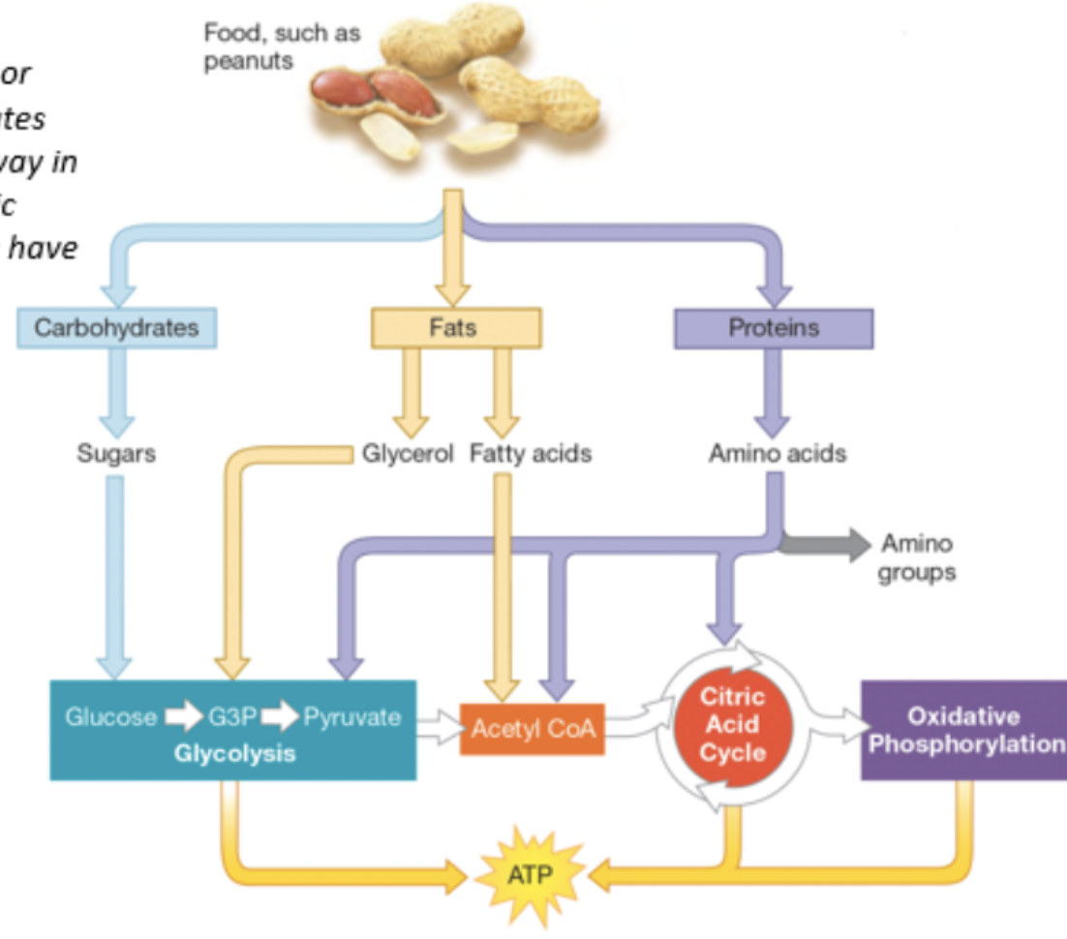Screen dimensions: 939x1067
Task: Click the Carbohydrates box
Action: (x=116, y=328)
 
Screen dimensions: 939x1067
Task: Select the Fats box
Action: (x=456, y=328)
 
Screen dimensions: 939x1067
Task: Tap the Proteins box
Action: (x=773, y=328)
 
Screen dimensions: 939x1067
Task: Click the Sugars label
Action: (x=116, y=453)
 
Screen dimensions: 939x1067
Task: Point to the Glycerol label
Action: (x=408, y=453)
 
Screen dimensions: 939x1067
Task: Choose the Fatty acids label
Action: (x=531, y=453)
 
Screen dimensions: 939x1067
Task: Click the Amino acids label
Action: (x=777, y=453)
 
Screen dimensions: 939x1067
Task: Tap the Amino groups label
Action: (x=916, y=559)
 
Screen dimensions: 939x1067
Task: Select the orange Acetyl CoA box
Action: (x=532, y=728)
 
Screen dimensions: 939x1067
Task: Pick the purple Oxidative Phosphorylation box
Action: (x=963, y=730)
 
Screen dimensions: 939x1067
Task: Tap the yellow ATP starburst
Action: (x=529, y=878)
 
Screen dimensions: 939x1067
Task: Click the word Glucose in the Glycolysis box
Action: (x=109, y=717)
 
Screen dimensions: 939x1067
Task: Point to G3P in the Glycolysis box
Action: (x=231, y=717)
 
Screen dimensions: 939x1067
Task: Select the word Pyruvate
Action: (x=351, y=717)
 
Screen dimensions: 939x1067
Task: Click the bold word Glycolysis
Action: (x=234, y=753)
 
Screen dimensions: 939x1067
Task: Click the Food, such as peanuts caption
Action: (x=281, y=46)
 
